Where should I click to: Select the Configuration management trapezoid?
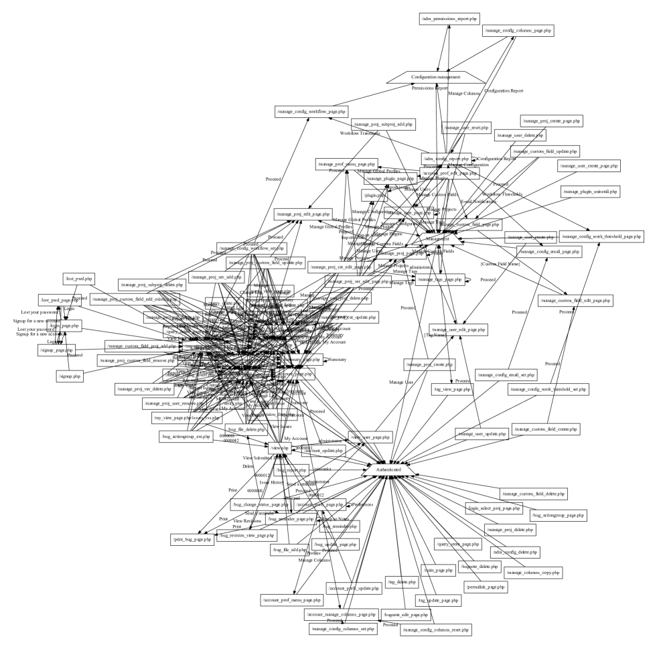point(435,77)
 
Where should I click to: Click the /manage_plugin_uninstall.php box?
point(590,192)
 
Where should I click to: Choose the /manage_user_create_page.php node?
point(589,165)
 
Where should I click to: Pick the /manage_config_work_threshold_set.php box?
point(548,388)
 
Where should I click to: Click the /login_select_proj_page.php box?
point(493,508)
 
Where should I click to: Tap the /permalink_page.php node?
point(486,587)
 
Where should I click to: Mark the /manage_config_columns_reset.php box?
point(435,630)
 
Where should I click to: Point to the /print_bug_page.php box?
point(192,538)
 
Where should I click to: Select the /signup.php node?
point(69,377)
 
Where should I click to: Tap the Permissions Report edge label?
point(430,88)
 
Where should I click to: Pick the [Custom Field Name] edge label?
point(500,264)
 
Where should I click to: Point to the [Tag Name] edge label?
point(435,334)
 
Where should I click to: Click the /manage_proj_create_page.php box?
point(551,121)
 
